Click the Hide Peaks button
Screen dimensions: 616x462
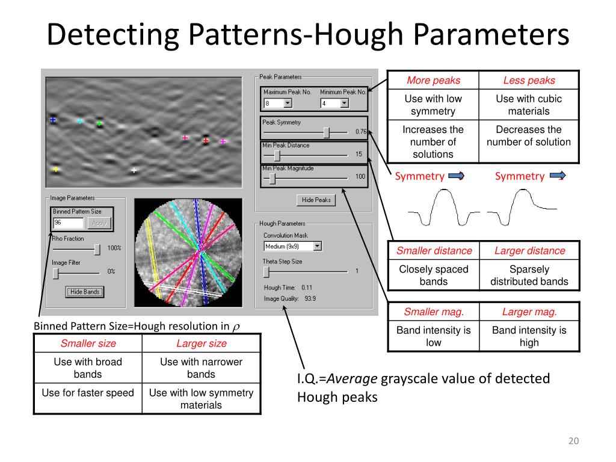(x=316, y=200)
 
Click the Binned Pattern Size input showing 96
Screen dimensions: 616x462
(x=68, y=223)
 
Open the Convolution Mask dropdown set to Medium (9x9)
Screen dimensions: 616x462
(x=293, y=246)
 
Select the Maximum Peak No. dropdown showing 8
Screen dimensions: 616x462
(x=278, y=103)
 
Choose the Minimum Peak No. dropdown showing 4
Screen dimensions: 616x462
(x=334, y=103)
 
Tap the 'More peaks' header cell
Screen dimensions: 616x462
(x=433, y=80)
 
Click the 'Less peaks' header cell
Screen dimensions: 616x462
(x=529, y=80)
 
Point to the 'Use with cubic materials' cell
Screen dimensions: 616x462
(x=529, y=105)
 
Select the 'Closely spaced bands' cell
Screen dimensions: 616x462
(x=433, y=275)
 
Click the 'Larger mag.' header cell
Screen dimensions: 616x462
(x=529, y=312)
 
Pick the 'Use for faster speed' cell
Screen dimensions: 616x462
(x=88, y=393)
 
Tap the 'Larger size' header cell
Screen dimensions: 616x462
(x=201, y=343)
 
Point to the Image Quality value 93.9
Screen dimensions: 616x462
(x=310, y=298)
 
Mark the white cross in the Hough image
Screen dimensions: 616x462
(x=134, y=170)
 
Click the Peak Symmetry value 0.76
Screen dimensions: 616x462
(x=361, y=131)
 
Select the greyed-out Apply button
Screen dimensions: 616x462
(x=99, y=223)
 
